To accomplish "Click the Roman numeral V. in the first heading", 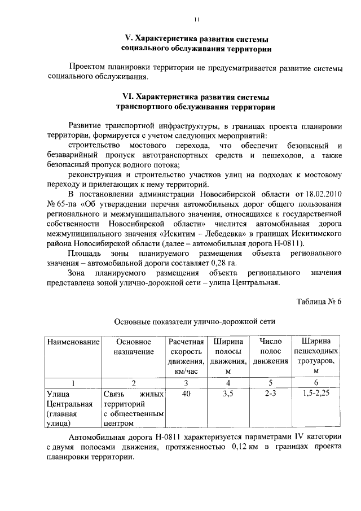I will (x=129, y=39).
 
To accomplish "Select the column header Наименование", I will (x=73, y=342).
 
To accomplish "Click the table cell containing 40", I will (x=186, y=394).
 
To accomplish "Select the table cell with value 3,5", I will (x=228, y=394).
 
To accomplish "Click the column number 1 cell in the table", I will (x=73, y=383).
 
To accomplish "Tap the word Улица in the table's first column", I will (x=58, y=394).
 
